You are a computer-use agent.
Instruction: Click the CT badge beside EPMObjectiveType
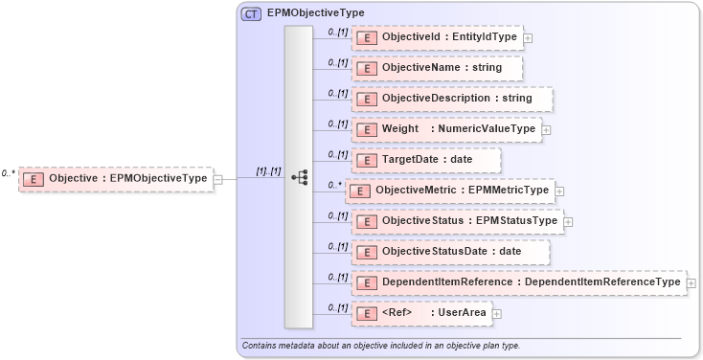[x=252, y=13]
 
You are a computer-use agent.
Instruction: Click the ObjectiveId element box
[x=438, y=37]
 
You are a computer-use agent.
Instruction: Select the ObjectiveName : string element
[x=438, y=68]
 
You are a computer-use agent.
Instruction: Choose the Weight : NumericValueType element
[x=446, y=129]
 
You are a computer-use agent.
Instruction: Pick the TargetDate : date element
[x=426, y=160]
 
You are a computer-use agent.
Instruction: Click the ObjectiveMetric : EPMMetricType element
[x=449, y=191]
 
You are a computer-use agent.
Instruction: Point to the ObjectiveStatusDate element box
[x=451, y=252]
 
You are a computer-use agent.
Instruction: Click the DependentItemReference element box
[x=518, y=282]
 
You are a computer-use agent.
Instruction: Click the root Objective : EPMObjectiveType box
[x=116, y=178]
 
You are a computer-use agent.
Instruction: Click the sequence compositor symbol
[x=299, y=177]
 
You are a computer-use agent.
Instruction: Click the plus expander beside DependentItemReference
[x=692, y=283]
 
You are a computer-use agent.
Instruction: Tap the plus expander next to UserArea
[x=497, y=314]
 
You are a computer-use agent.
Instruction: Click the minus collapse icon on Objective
[x=218, y=179]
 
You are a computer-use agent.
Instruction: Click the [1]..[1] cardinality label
[x=268, y=171]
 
